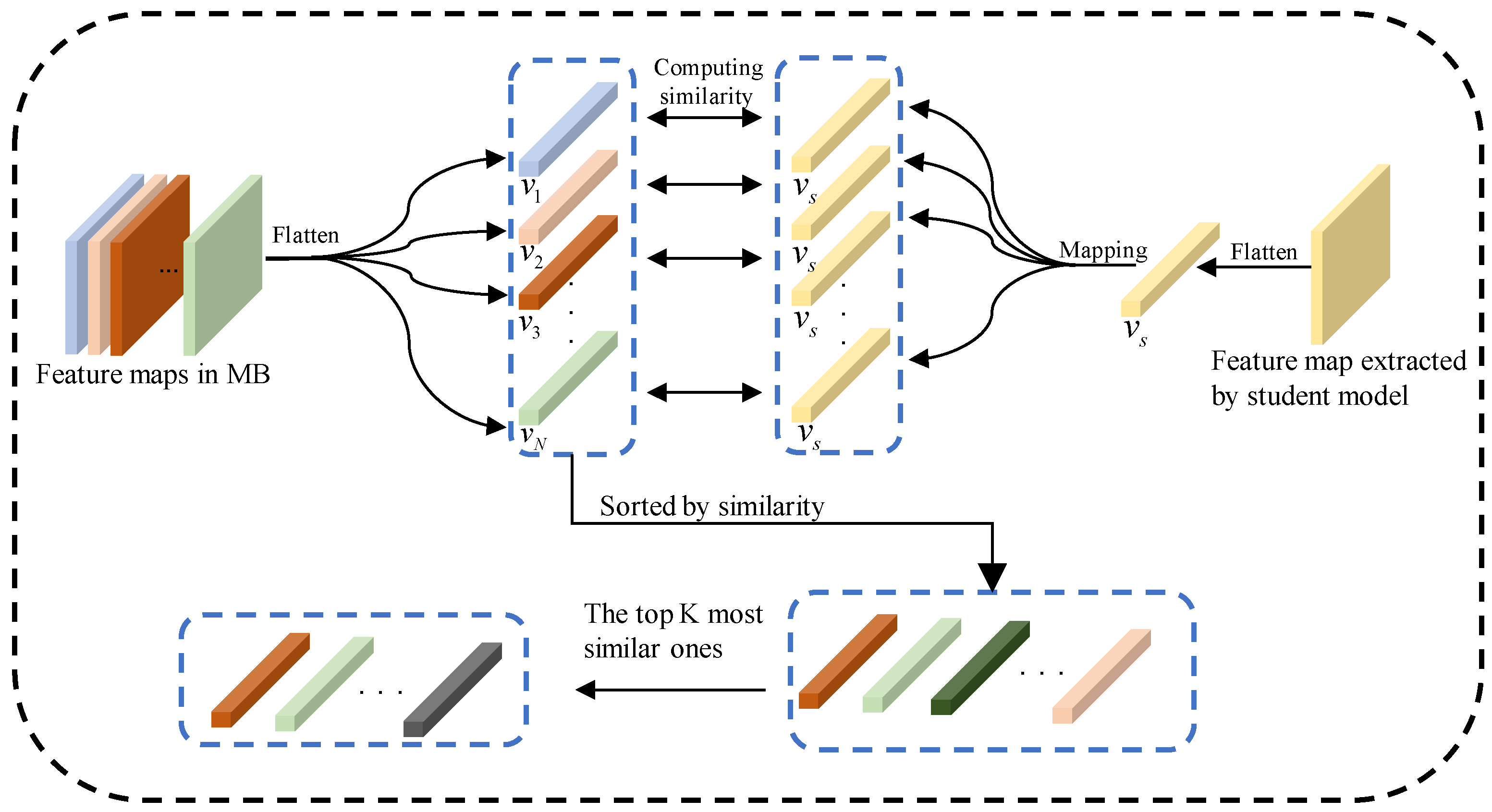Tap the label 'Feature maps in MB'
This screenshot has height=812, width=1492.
pyautogui.click(x=153, y=375)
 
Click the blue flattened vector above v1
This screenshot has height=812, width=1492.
pyautogui.click(x=568, y=129)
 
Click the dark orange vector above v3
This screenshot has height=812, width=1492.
pyautogui.click(x=568, y=262)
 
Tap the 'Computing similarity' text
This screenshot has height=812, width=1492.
pyautogui.click(x=707, y=82)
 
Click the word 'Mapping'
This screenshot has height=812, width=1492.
pyautogui.click(x=1103, y=250)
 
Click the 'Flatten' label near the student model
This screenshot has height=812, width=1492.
pyautogui.click(x=1263, y=253)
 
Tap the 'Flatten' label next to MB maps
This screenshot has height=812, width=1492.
pyautogui.click(x=305, y=236)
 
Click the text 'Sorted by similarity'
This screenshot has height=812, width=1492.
pyautogui.click(x=711, y=507)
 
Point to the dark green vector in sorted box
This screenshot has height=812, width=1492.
pyautogui.click(x=980, y=668)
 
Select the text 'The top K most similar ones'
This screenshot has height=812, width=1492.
pyautogui.click(x=672, y=631)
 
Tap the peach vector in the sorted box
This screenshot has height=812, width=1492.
pyautogui.click(x=1101, y=677)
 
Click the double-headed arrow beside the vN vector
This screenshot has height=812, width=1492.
pyautogui.click(x=704, y=393)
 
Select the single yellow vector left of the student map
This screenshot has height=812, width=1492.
pyautogui.click(x=1170, y=269)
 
